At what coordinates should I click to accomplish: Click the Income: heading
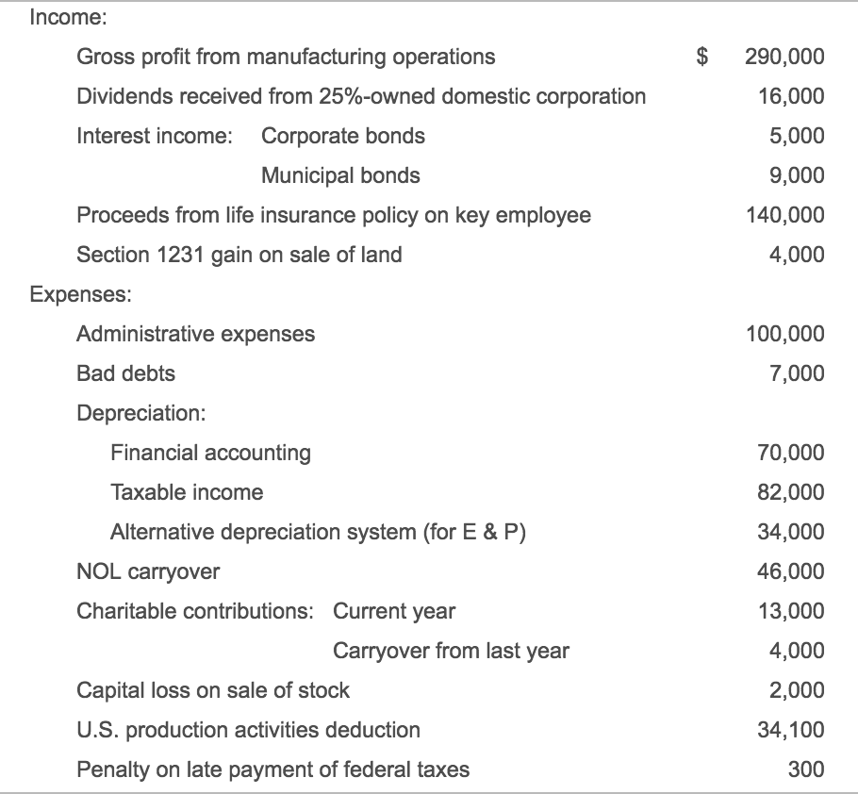pos(69,18)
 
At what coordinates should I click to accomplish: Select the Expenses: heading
pos(81,294)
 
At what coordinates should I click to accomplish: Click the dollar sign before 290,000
pos(702,57)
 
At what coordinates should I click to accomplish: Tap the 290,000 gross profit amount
pos(784,57)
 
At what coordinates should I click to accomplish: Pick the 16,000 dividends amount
pos(791,96)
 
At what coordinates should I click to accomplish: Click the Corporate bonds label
pos(343,136)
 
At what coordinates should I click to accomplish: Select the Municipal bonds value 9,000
pos(797,175)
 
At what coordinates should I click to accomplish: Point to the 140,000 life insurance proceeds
pos(785,215)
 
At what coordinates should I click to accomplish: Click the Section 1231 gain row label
pos(239,255)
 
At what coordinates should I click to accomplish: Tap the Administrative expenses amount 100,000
pos(785,334)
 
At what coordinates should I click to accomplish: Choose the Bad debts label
pos(125,373)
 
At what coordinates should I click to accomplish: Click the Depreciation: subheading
pos(141,413)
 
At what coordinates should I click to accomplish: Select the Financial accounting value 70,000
pos(791,453)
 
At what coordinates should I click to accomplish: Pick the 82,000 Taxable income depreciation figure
pos(791,492)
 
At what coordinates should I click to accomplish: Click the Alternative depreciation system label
pos(318,532)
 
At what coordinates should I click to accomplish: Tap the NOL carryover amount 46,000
pos(791,571)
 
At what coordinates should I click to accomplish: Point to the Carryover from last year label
pos(451,652)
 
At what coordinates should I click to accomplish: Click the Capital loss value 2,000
pos(797,690)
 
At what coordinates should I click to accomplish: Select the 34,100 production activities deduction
pos(791,730)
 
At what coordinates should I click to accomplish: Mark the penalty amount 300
pos(806,769)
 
